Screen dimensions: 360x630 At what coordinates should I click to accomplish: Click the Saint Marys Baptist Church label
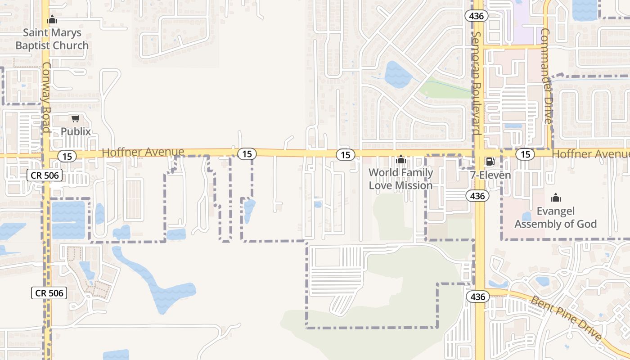click(x=52, y=39)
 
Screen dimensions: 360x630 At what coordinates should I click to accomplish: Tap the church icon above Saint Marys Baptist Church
click(x=52, y=20)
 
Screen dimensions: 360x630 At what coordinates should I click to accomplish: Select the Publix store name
click(x=76, y=131)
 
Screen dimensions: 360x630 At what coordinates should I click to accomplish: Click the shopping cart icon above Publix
click(x=76, y=119)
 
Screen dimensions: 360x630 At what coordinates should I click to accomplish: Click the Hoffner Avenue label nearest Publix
click(x=143, y=152)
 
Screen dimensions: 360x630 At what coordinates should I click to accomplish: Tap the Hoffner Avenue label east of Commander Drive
click(x=590, y=154)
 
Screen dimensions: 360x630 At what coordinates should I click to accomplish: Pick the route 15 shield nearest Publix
click(x=67, y=157)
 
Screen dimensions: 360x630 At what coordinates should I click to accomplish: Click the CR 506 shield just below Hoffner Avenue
click(x=45, y=175)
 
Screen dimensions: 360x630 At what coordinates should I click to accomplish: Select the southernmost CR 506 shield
click(x=49, y=293)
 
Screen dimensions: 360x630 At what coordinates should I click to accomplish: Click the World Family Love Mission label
click(x=400, y=179)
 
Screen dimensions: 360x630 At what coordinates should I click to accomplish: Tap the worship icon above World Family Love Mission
click(x=400, y=160)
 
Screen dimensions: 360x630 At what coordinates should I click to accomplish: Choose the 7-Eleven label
click(x=490, y=175)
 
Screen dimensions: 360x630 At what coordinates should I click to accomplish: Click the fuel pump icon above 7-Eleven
click(x=490, y=162)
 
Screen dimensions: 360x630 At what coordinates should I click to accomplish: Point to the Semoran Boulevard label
click(x=477, y=83)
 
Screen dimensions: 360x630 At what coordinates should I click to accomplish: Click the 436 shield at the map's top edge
click(x=476, y=16)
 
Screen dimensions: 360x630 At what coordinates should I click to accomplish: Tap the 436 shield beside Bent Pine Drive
click(x=478, y=297)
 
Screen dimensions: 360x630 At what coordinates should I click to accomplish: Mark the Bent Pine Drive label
click(x=566, y=318)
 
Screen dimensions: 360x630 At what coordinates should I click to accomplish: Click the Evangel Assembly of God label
click(x=556, y=218)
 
